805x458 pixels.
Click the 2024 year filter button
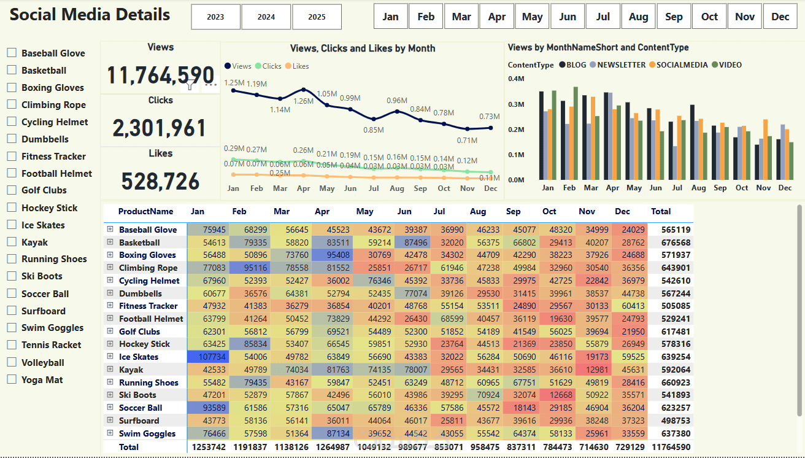point(266,17)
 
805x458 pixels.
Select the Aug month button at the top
point(639,17)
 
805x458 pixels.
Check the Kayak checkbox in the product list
point(12,242)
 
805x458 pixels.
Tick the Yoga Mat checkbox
point(12,379)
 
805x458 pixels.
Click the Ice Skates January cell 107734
point(208,357)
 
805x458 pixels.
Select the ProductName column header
point(145,211)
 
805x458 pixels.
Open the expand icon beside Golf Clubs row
point(110,331)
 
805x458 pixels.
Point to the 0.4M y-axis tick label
point(516,79)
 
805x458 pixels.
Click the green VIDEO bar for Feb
point(576,133)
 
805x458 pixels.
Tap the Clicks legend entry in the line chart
point(268,66)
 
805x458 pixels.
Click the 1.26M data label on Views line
point(303,101)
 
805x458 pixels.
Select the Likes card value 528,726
point(160,181)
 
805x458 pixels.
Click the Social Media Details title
point(90,14)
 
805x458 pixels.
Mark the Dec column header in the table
point(622,211)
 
